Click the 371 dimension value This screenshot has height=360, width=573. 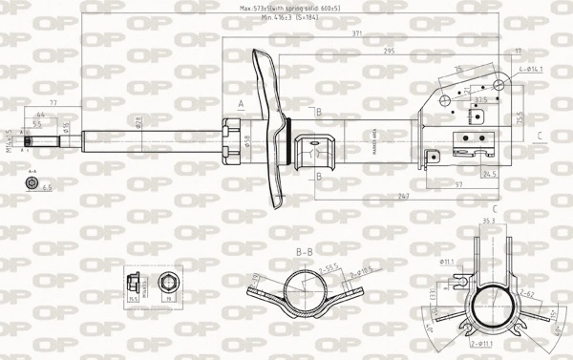[355, 33]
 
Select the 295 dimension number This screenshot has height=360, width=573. [389, 51]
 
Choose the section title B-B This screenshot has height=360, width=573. [305, 251]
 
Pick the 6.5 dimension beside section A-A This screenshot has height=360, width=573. [46, 188]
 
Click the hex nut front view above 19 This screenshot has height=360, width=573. [169, 282]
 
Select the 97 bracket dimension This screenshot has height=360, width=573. [460, 183]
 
